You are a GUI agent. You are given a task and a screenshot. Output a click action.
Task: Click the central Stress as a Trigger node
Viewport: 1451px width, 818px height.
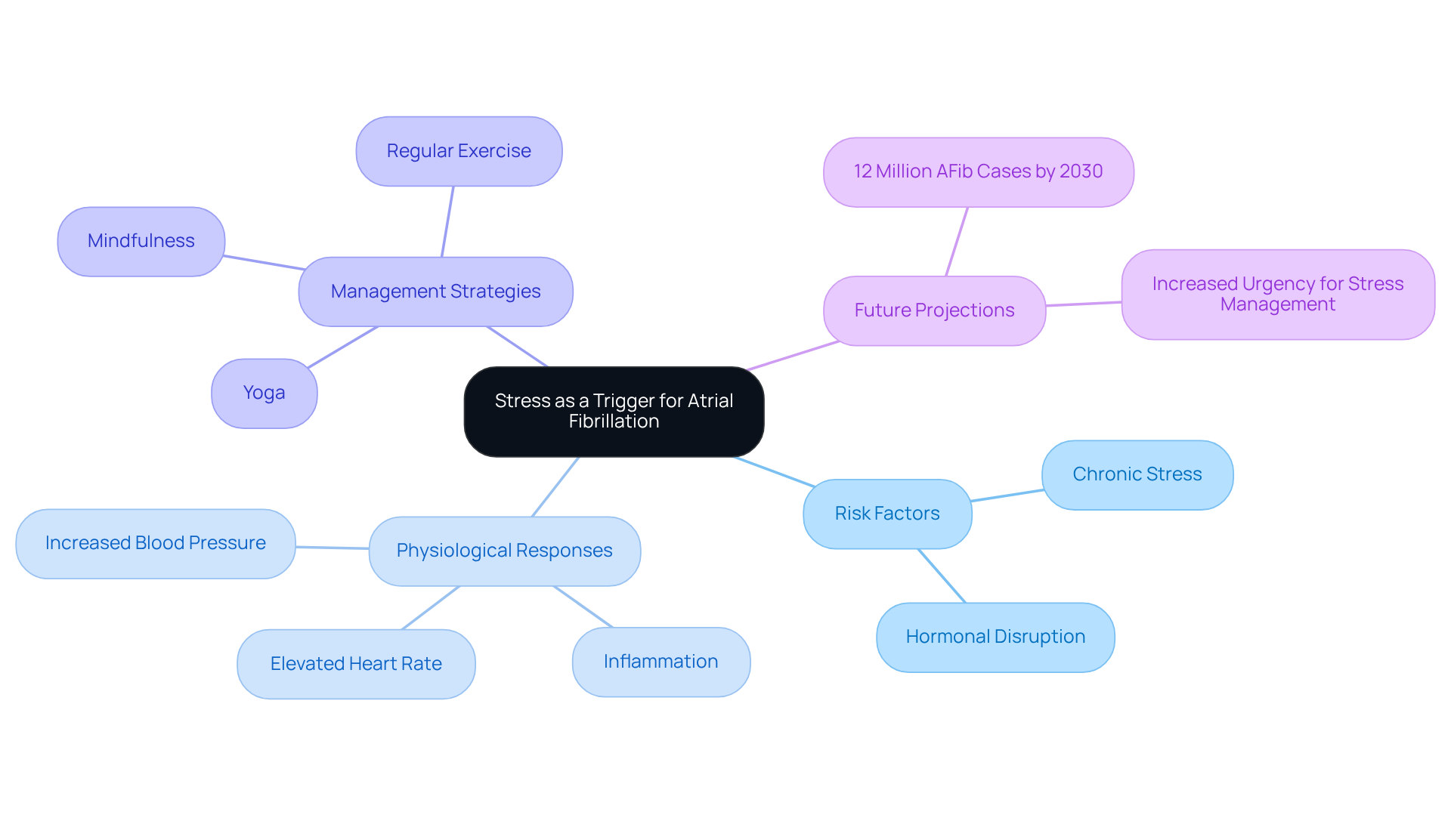pos(614,412)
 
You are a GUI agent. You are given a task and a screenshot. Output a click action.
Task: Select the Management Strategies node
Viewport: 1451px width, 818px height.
pos(435,292)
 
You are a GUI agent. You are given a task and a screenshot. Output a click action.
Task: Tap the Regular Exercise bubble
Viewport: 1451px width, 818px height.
pos(459,151)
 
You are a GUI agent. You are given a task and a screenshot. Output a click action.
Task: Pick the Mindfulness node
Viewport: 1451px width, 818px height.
pos(141,241)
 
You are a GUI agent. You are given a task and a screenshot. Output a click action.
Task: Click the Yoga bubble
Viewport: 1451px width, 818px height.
pos(264,393)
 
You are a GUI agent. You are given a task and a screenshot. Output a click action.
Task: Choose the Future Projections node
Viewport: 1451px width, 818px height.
pos(934,310)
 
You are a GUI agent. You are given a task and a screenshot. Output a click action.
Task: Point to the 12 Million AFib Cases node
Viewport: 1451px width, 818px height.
pos(978,171)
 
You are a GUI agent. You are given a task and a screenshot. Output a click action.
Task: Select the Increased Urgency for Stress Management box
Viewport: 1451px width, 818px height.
pos(1277,295)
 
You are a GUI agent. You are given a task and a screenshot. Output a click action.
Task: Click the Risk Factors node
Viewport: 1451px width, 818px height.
pos(887,514)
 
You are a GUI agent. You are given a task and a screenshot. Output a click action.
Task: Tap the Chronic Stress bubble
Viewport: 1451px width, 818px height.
pos(1137,474)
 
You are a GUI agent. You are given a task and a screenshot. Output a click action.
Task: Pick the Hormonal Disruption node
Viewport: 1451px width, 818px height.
pos(995,637)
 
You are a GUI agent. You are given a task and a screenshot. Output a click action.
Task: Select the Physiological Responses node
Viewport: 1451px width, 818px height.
pos(504,551)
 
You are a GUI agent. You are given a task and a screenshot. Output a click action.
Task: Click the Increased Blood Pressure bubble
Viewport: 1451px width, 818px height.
pos(155,543)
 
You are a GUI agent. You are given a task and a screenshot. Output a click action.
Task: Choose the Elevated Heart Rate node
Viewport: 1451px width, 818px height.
pos(356,664)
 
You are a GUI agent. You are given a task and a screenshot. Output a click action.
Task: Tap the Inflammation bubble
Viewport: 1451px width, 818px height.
pos(661,662)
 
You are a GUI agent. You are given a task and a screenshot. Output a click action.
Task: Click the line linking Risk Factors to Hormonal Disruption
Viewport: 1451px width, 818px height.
pos(942,576)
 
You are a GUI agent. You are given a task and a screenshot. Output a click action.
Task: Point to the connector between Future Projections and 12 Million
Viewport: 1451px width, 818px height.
pos(957,242)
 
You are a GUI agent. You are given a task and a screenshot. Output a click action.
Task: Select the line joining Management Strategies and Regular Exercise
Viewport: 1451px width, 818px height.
pos(447,221)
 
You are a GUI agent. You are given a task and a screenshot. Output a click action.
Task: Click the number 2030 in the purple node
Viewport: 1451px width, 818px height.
pos(1081,171)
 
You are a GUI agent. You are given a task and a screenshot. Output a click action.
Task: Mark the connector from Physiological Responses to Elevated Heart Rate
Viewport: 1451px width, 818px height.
pos(431,608)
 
